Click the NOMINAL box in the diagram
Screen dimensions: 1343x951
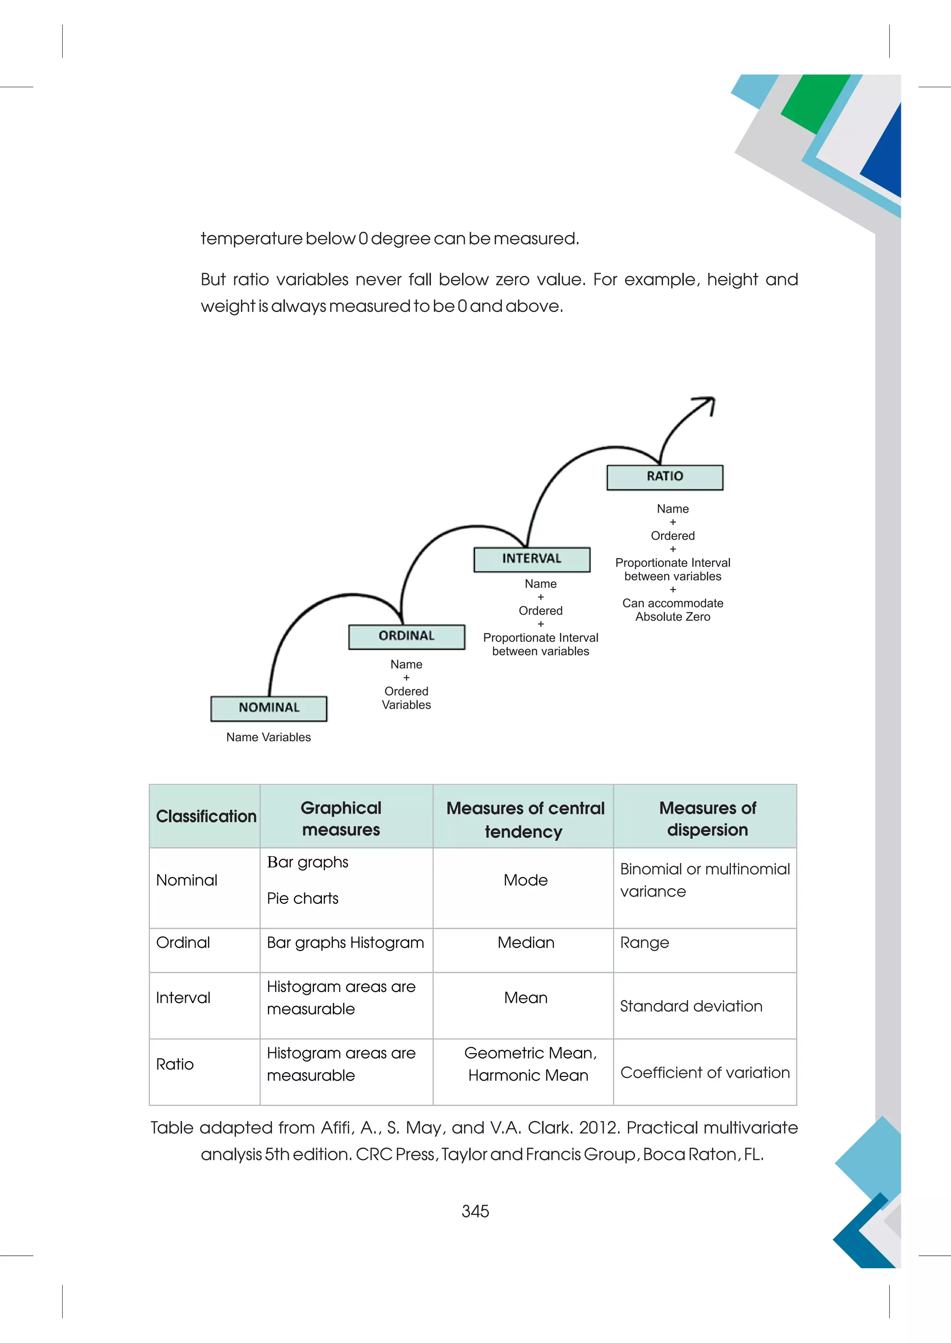pyautogui.click(x=269, y=708)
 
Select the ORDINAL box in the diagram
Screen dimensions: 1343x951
pyautogui.click(x=406, y=637)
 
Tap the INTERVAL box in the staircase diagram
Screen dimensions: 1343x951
pyautogui.click(x=531, y=559)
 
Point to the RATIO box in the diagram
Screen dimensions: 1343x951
pyautogui.click(x=664, y=477)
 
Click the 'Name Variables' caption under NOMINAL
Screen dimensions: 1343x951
pyautogui.click(x=268, y=737)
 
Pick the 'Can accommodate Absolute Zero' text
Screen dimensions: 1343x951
pyautogui.click(x=672, y=610)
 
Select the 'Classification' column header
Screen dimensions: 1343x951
pyautogui.click(x=206, y=816)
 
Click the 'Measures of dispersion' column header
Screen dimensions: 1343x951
pyautogui.click(x=707, y=819)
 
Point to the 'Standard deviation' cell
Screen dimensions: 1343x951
pyautogui.click(x=691, y=1006)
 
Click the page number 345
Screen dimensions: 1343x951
pyautogui.click(x=475, y=1211)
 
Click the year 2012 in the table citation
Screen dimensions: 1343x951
pyautogui.click(x=599, y=1128)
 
